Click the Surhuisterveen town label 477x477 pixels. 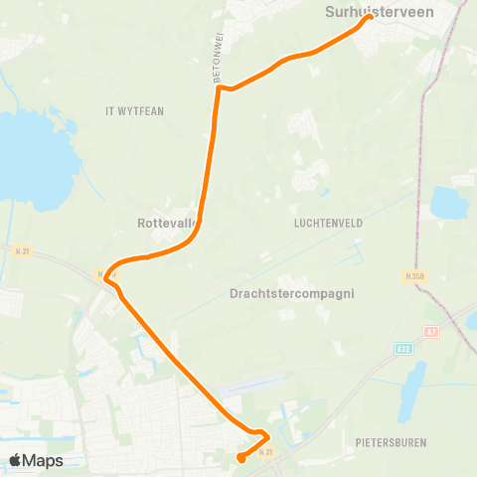click(x=370, y=11)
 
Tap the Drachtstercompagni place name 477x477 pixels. click(x=291, y=294)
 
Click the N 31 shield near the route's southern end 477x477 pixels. click(x=265, y=452)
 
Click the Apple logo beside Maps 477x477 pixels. click(x=17, y=460)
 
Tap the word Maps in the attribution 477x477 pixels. click(x=44, y=460)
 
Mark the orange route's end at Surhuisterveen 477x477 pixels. click(x=369, y=17)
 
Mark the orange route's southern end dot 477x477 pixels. click(x=241, y=458)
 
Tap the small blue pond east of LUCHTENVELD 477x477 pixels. click(x=449, y=202)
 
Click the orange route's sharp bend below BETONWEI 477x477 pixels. click(x=218, y=86)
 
